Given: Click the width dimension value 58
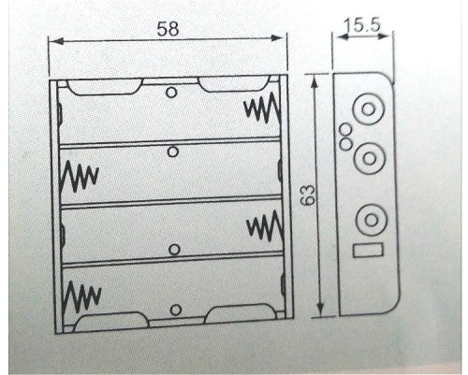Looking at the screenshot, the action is tap(168, 28).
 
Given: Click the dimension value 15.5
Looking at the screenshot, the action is tap(362, 25).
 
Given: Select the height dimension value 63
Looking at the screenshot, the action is tap(308, 195).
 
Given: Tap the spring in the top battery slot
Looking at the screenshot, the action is tap(262, 108).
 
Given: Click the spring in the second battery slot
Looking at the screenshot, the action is tap(80, 176).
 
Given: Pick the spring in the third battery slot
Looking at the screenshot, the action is tap(265, 226).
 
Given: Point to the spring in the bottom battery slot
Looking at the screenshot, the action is tap(81, 296).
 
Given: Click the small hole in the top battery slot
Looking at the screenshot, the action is tap(171, 93).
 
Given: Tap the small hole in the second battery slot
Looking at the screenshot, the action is tap(173, 151).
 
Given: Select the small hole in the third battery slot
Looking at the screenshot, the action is tap(174, 250).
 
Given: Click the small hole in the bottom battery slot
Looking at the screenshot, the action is tap(176, 310).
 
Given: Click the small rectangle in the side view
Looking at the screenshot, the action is tap(368, 251).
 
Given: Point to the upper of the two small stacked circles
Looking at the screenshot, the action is tap(345, 129).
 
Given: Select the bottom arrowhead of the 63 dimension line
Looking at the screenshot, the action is tap(320, 310).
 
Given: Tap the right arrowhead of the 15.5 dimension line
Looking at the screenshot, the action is tap(384, 36).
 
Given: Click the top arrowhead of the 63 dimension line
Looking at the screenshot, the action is tap(314, 81).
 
